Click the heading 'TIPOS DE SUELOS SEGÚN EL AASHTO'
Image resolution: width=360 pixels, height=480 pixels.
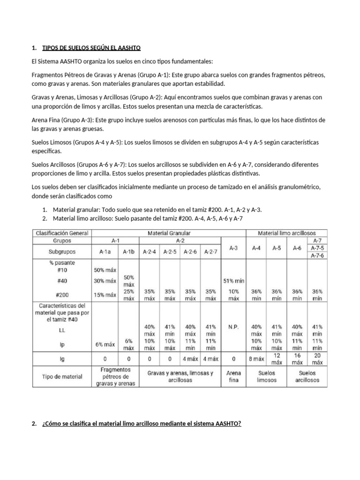[x=91, y=48]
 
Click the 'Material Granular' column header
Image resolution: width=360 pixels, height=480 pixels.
[x=169, y=232]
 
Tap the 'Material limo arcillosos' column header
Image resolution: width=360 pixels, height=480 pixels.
[x=287, y=232]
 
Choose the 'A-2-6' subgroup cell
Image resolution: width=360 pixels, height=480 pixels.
[x=190, y=251]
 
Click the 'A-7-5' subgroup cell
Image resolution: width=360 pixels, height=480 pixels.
[x=317, y=247]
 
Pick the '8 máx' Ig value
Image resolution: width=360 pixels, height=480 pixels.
[x=256, y=359]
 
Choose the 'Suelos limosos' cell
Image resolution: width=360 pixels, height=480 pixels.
[x=266, y=376]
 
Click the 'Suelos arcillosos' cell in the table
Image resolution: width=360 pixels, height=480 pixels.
[x=307, y=376]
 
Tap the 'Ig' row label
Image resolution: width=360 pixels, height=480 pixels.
[x=62, y=359]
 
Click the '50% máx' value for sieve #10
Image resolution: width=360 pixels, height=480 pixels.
[x=105, y=270]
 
